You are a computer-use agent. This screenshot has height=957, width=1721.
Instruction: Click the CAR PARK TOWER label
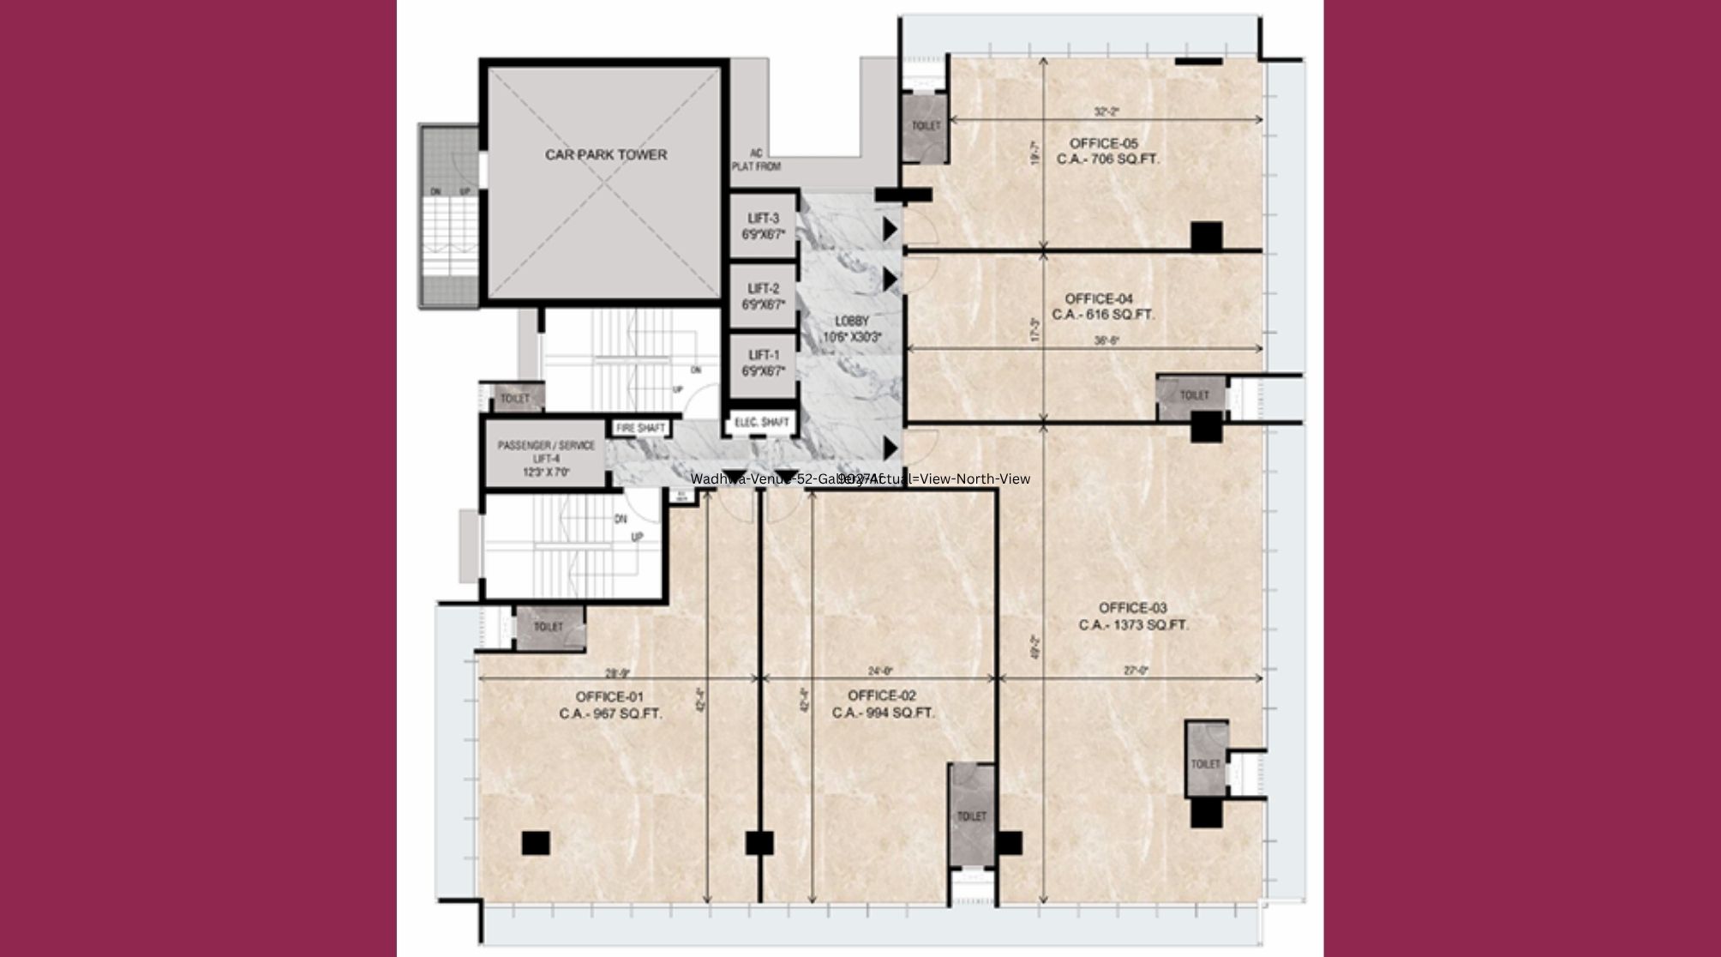[x=605, y=155]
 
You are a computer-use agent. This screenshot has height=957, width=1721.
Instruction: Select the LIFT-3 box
[x=763, y=226]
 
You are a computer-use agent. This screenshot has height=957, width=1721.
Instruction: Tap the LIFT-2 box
[x=763, y=296]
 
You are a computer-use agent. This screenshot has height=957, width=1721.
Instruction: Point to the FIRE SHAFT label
[x=640, y=428]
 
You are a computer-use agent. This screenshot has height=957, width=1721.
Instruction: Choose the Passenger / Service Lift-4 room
[x=546, y=459]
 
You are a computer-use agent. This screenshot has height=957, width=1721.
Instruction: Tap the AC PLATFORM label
[x=755, y=160]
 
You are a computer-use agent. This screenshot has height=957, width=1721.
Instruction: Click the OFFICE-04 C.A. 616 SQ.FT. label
[x=1109, y=306]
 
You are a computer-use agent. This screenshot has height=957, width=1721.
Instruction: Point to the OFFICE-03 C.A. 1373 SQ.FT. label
[x=1133, y=617]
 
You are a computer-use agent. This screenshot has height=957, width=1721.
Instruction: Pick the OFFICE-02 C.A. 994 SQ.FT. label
[x=883, y=704]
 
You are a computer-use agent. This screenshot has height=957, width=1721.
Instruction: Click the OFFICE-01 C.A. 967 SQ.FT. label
[x=610, y=705]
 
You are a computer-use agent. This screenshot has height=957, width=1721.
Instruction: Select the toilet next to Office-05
[x=925, y=126]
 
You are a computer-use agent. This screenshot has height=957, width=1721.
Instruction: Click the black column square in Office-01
[x=535, y=843]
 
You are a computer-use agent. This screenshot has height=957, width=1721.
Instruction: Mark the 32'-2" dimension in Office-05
[x=1106, y=111]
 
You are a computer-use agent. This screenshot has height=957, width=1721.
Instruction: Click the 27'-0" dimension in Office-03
[x=1137, y=671]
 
